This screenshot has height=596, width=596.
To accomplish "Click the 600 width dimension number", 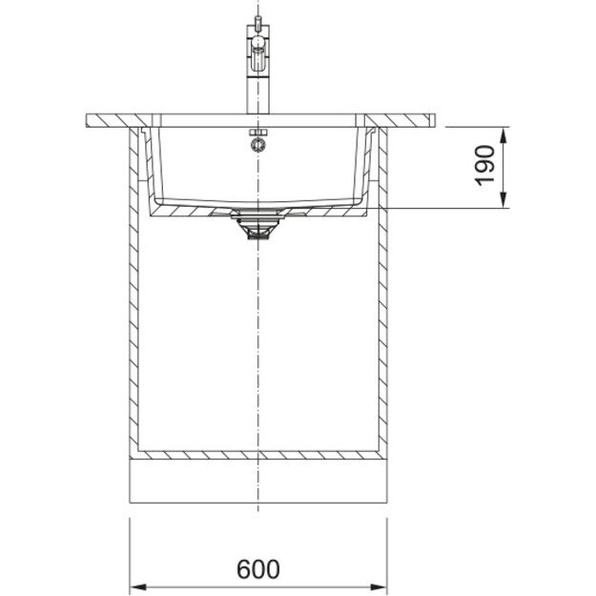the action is (258, 569).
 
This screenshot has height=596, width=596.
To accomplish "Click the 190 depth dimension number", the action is (485, 165).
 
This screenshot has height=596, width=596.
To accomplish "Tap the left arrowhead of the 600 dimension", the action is (138, 586).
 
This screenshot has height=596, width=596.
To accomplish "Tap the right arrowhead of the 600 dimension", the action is (379, 586).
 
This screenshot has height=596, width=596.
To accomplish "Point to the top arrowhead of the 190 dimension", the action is (504, 135).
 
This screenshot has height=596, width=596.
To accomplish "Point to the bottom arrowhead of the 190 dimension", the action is (504, 200).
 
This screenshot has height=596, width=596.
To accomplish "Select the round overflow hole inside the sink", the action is (258, 145).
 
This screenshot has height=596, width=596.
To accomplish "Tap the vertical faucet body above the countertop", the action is (258, 92).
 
